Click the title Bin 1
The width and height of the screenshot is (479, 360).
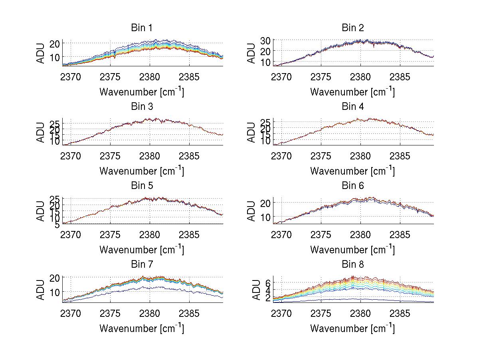pos(142,28)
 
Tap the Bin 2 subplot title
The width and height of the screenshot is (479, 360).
pos(352,28)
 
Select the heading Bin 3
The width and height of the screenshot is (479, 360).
pos(142,107)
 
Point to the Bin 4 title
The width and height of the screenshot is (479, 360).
pos(352,107)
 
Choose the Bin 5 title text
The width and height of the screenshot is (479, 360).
pos(142,186)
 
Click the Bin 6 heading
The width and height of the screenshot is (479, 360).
pos(352,186)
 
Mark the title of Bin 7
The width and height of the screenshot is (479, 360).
pos(142,265)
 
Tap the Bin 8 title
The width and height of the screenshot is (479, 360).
pos(352,265)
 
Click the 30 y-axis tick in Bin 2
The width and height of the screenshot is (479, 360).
pos(266,40)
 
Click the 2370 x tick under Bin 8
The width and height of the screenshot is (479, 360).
pos(281,314)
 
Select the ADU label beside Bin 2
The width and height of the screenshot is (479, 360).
pos(251,53)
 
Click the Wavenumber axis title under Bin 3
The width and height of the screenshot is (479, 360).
pos(142,171)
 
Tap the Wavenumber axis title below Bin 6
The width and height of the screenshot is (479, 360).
pos(352,249)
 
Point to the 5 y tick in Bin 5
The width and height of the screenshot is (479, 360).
pos(57,225)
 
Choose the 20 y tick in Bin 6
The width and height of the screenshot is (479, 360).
pos(266,203)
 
